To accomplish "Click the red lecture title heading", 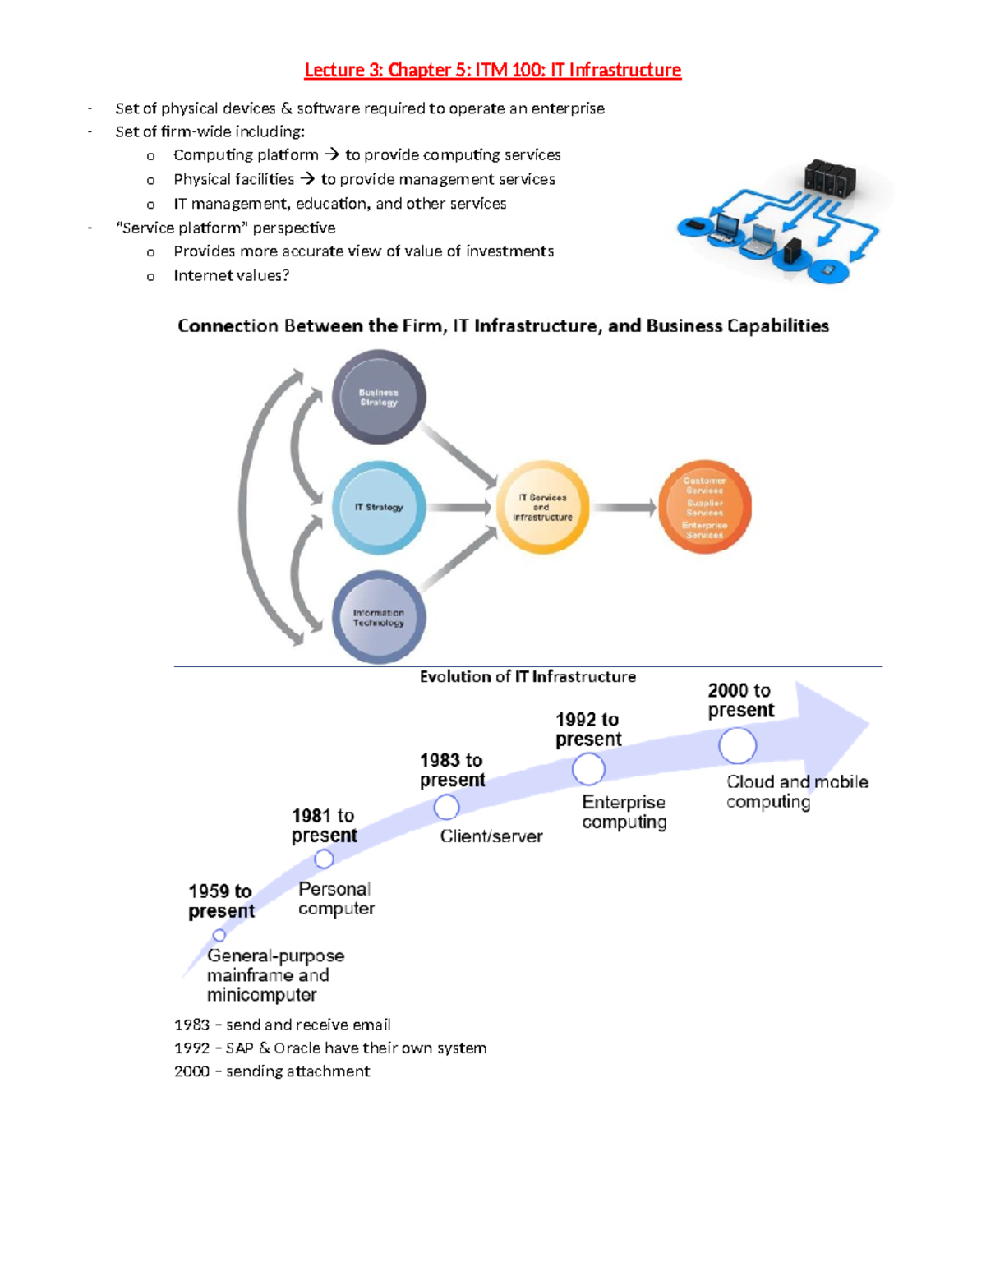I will [x=492, y=71].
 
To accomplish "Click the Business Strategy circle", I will [x=379, y=398].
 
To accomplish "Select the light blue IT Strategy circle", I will [x=379, y=507].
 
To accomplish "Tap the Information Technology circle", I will [x=379, y=617].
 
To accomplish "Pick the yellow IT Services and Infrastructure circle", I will [x=542, y=507].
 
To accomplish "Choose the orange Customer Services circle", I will [x=704, y=507].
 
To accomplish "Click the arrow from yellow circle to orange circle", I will [x=624, y=508].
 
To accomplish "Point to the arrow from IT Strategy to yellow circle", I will [x=459, y=508].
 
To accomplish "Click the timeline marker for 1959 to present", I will [x=219, y=935].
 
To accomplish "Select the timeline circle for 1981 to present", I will [x=324, y=859].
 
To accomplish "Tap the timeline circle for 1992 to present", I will [x=588, y=770].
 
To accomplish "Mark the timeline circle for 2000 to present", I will [x=737, y=746].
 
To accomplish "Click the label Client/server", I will [x=491, y=836].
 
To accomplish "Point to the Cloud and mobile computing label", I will [x=795, y=791].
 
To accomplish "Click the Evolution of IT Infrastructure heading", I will [x=528, y=677].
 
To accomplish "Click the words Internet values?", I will [x=231, y=276].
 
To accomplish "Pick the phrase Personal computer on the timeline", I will [x=335, y=899].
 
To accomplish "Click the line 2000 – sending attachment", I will [x=272, y=1071].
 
